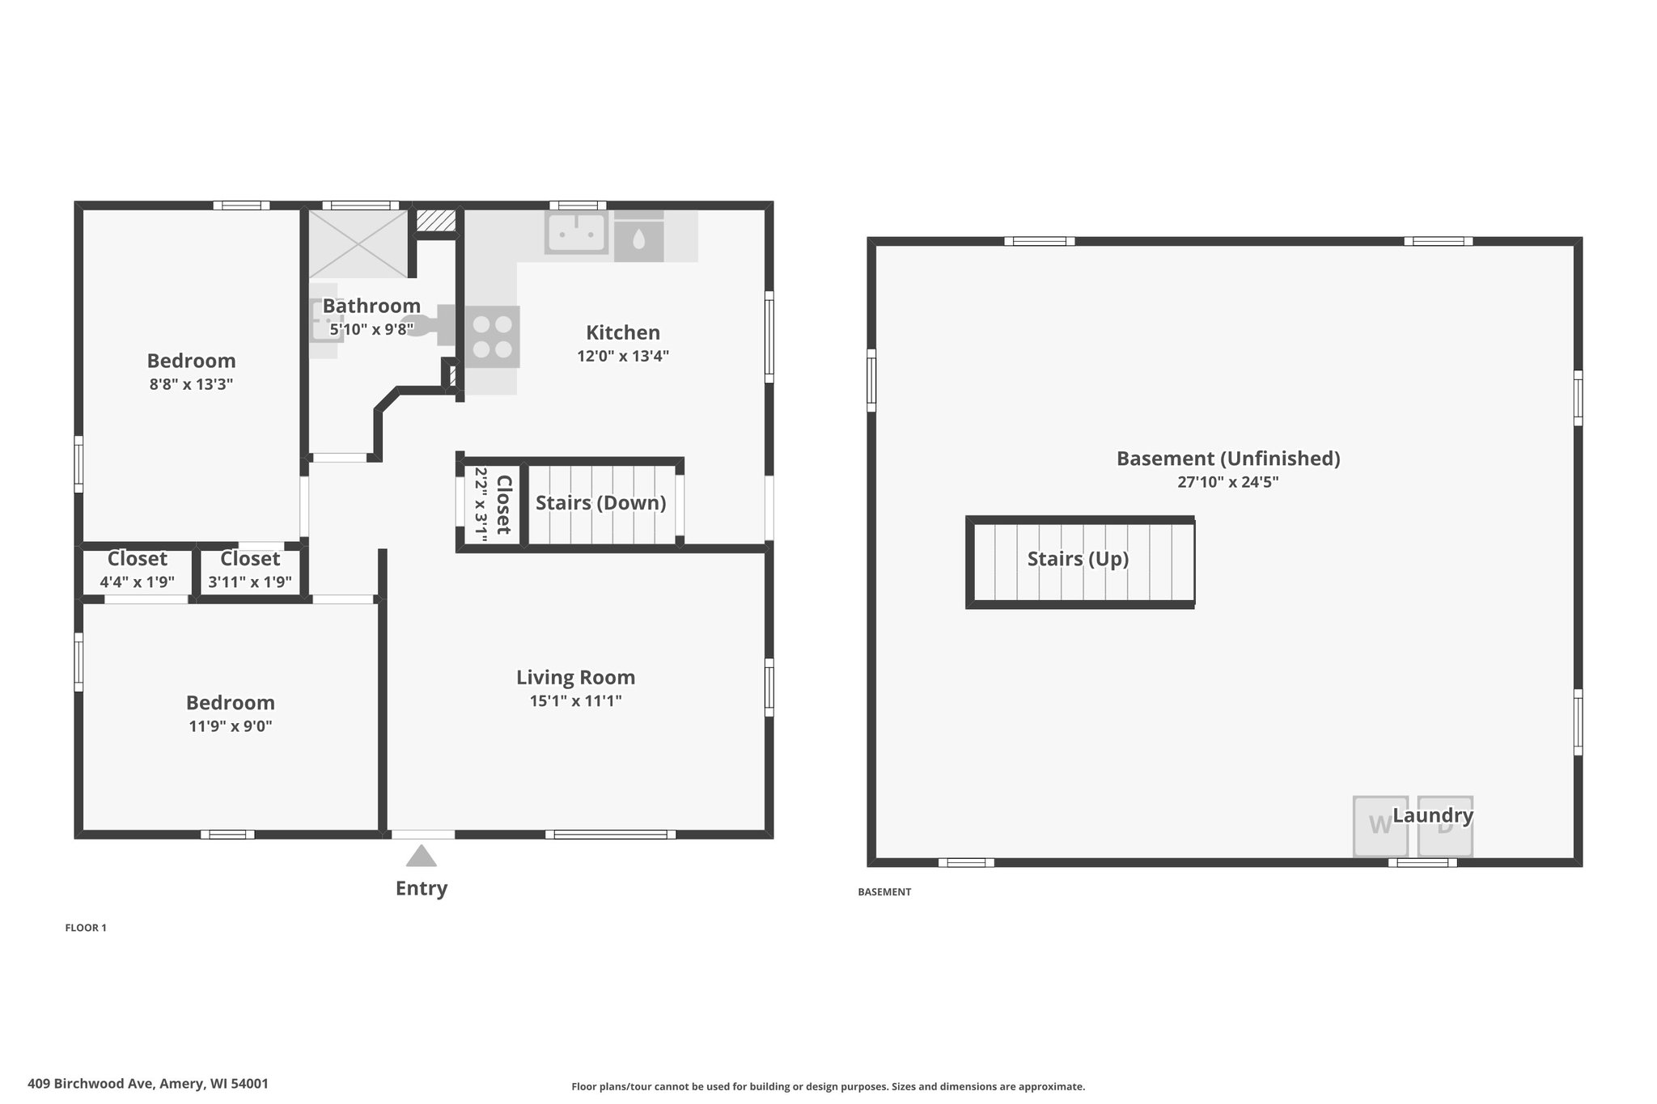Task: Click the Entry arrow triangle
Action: point(421,856)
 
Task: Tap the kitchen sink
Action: point(575,233)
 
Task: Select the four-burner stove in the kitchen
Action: point(492,336)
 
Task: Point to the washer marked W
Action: point(1380,826)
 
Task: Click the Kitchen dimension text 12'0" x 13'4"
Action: point(623,356)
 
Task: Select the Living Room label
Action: point(576,678)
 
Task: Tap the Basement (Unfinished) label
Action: point(1228,459)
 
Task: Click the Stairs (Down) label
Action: point(601,503)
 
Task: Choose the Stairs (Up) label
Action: point(1078,559)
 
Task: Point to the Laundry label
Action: point(1433,815)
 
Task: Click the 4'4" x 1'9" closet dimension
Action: point(138,582)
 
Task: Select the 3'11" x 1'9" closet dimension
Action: point(250,582)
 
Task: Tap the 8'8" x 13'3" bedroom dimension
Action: point(191,384)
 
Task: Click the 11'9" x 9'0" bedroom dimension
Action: point(231,726)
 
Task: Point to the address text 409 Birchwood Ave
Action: point(91,1084)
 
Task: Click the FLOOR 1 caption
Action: point(86,928)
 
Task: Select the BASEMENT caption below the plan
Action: point(884,892)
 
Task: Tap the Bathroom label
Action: point(371,306)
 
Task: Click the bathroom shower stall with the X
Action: point(358,243)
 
